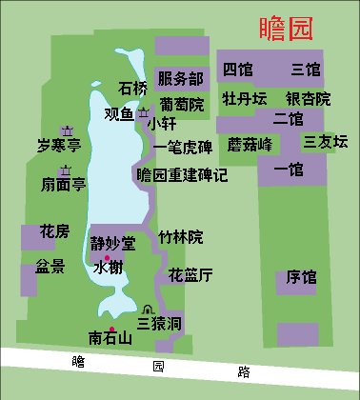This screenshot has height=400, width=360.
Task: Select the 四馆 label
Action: pyautogui.click(x=237, y=69)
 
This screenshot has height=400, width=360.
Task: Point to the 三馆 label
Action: pyautogui.click(x=306, y=69)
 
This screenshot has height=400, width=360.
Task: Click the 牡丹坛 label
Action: pyautogui.click(x=244, y=98)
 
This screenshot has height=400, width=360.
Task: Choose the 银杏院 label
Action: pyautogui.click(x=308, y=98)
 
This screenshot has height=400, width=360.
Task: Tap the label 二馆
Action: pyautogui.click(x=288, y=119)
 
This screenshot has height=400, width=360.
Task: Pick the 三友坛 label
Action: pyautogui.click(x=326, y=142)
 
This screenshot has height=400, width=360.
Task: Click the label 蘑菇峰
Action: pyautogui.click(x=250, y=145)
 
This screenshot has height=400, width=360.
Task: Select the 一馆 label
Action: pyautogui.click(x=288, y=170)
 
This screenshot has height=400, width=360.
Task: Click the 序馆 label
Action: pyautogui.click(x=302, y=278)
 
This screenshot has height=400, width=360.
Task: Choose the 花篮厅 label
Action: pyautogui.click(x=190, y=275)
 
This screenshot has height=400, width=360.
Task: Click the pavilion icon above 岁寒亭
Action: pyautogui.click(x=68, y=130)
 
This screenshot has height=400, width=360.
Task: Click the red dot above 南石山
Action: pyautogui.click(x=112, y=330)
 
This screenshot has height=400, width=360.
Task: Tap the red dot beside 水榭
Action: pyautogui.click(x=108, y=259)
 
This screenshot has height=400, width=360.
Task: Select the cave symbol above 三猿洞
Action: pyautogui.click(x=147, y=309)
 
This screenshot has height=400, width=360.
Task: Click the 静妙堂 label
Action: pyautogui.click(x=113, y=243)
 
